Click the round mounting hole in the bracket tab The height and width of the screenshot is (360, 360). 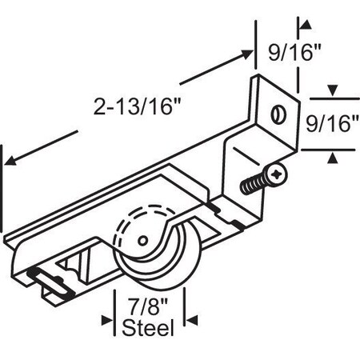point(278,114)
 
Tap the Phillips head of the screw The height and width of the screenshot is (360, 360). point(278,174)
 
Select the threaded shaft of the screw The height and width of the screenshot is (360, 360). point(254,184)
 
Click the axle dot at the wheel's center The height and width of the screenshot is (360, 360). point(142,239)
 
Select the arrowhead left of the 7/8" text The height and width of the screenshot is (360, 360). point(108,320)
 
